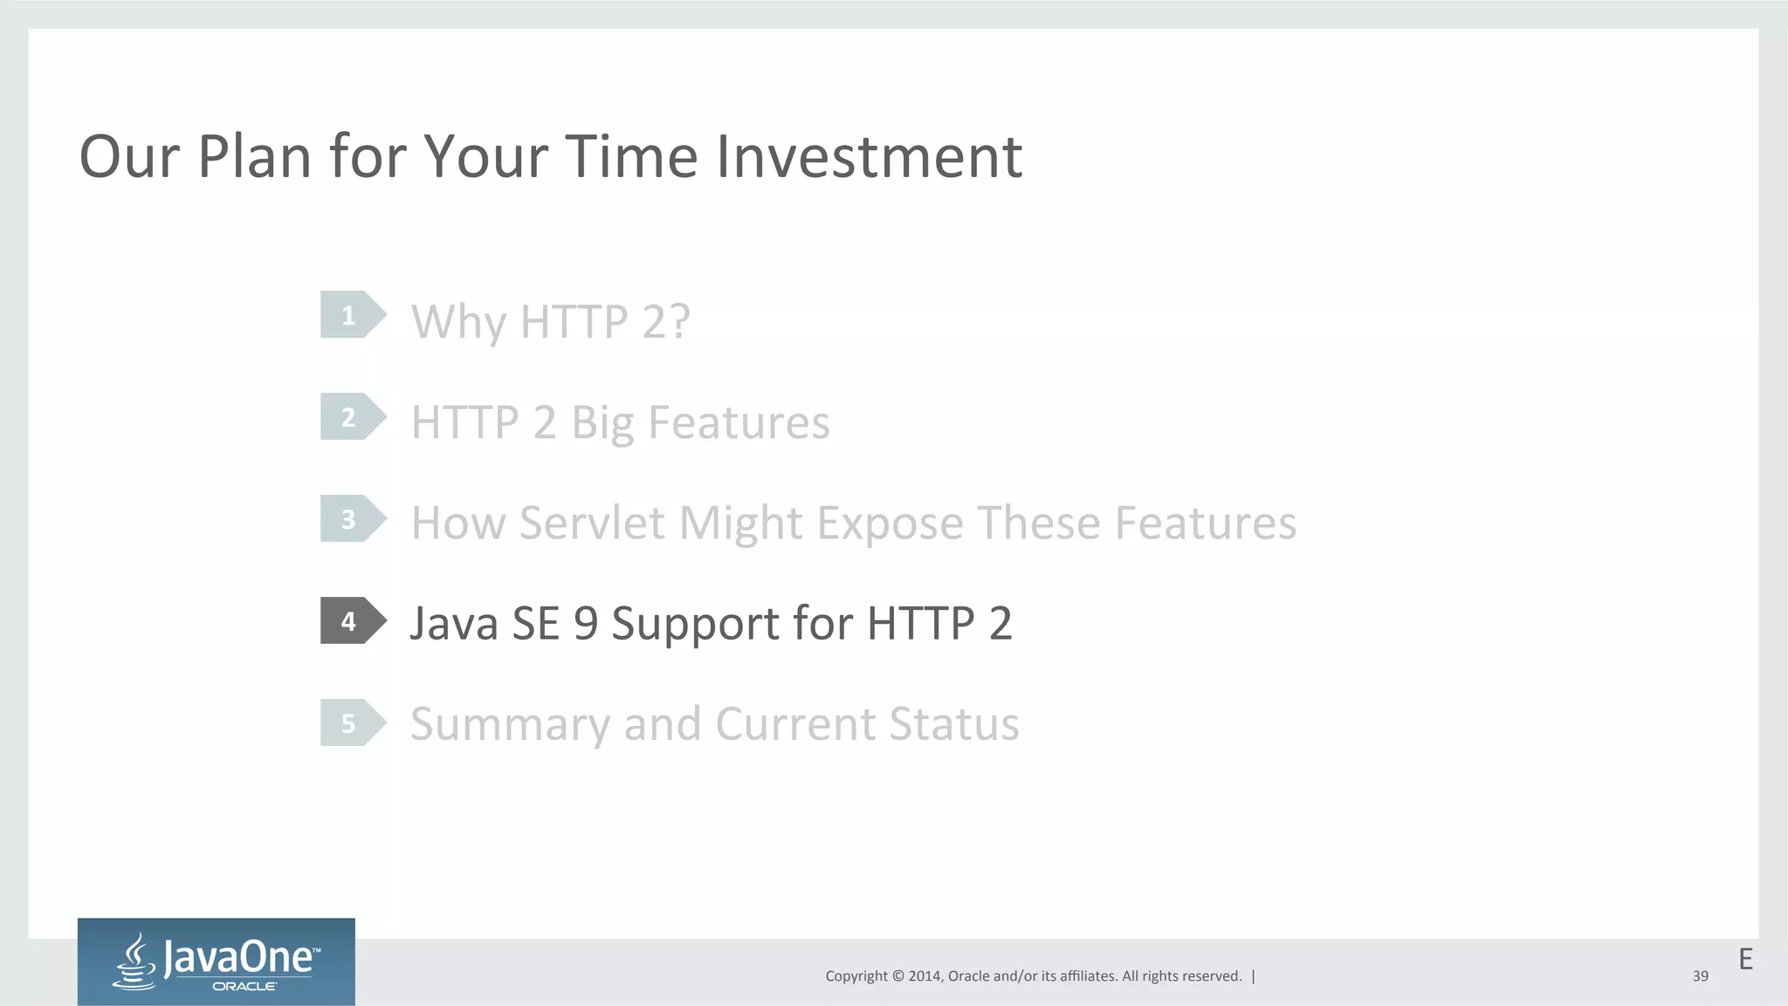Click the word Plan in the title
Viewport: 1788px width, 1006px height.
pyautogui.click(x=254, y=157)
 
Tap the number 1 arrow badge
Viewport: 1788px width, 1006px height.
pyautogui.click(x=351, y=315)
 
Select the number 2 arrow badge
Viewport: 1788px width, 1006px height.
pyautogui.click(x=351, y=417)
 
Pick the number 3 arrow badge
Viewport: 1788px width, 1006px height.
pyautogui.click(x=351, y=519)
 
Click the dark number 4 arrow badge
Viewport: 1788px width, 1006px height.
pyautogui.click(x=351, y=621)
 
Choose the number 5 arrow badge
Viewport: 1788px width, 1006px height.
pyautogui.click(x=351, y=723)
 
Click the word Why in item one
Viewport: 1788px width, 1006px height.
pyautogui.click(x=458, y=323)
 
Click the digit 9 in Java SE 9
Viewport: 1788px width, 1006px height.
pyautogui.click(x=586, y=624)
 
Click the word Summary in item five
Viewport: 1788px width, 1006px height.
pyautogui.click(x=510, y=725)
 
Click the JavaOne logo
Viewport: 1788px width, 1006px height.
pyautogui.click(x=217, y=962)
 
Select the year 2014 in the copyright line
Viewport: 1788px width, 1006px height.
pyautogui.click(x=924, y=976)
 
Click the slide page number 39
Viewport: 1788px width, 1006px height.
pyautogui.click(x=1700, y=976)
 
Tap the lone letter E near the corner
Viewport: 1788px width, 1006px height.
pyautogui.click(x=1745, y=960)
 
